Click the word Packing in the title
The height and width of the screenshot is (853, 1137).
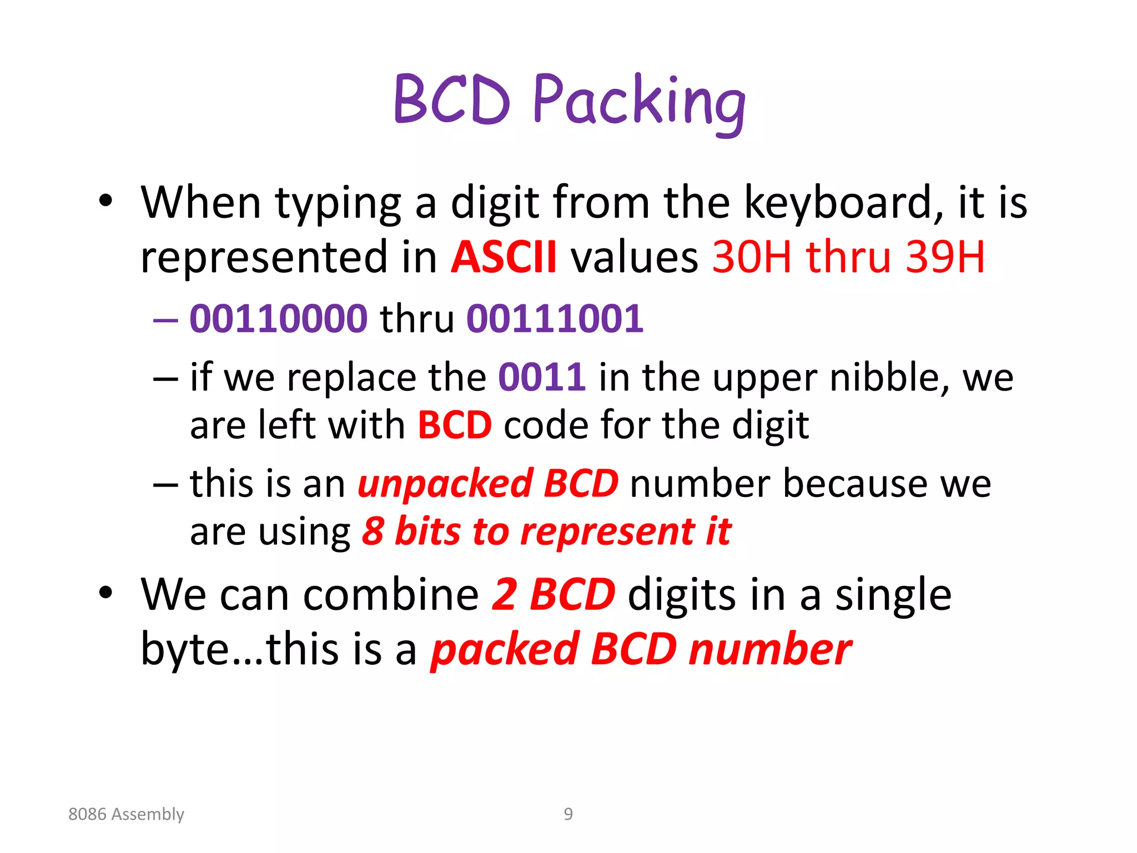coord(638,103)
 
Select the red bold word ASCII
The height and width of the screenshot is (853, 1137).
coord(504,257)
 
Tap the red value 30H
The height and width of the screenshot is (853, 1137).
coord(751,257)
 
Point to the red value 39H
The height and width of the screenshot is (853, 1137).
coord(945,257)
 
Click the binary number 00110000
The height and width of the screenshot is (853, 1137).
coord(279,319)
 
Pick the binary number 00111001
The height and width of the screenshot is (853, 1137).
coord(555,319)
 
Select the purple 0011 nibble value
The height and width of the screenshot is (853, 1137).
coord(542,378)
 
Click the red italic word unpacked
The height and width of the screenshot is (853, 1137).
coord(446,484)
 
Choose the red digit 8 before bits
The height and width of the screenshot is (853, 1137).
coord(373,531)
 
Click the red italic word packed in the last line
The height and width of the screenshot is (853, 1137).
coord(505,650)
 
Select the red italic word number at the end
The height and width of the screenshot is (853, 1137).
coord(770,650)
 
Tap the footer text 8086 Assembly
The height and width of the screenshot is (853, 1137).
coord(126,814)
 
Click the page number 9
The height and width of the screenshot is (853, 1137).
coord(568,814)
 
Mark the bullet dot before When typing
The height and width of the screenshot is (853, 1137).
coord(105,202)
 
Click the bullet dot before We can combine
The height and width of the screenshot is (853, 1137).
coord(105,593)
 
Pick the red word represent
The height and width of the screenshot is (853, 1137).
coord(607,531)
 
